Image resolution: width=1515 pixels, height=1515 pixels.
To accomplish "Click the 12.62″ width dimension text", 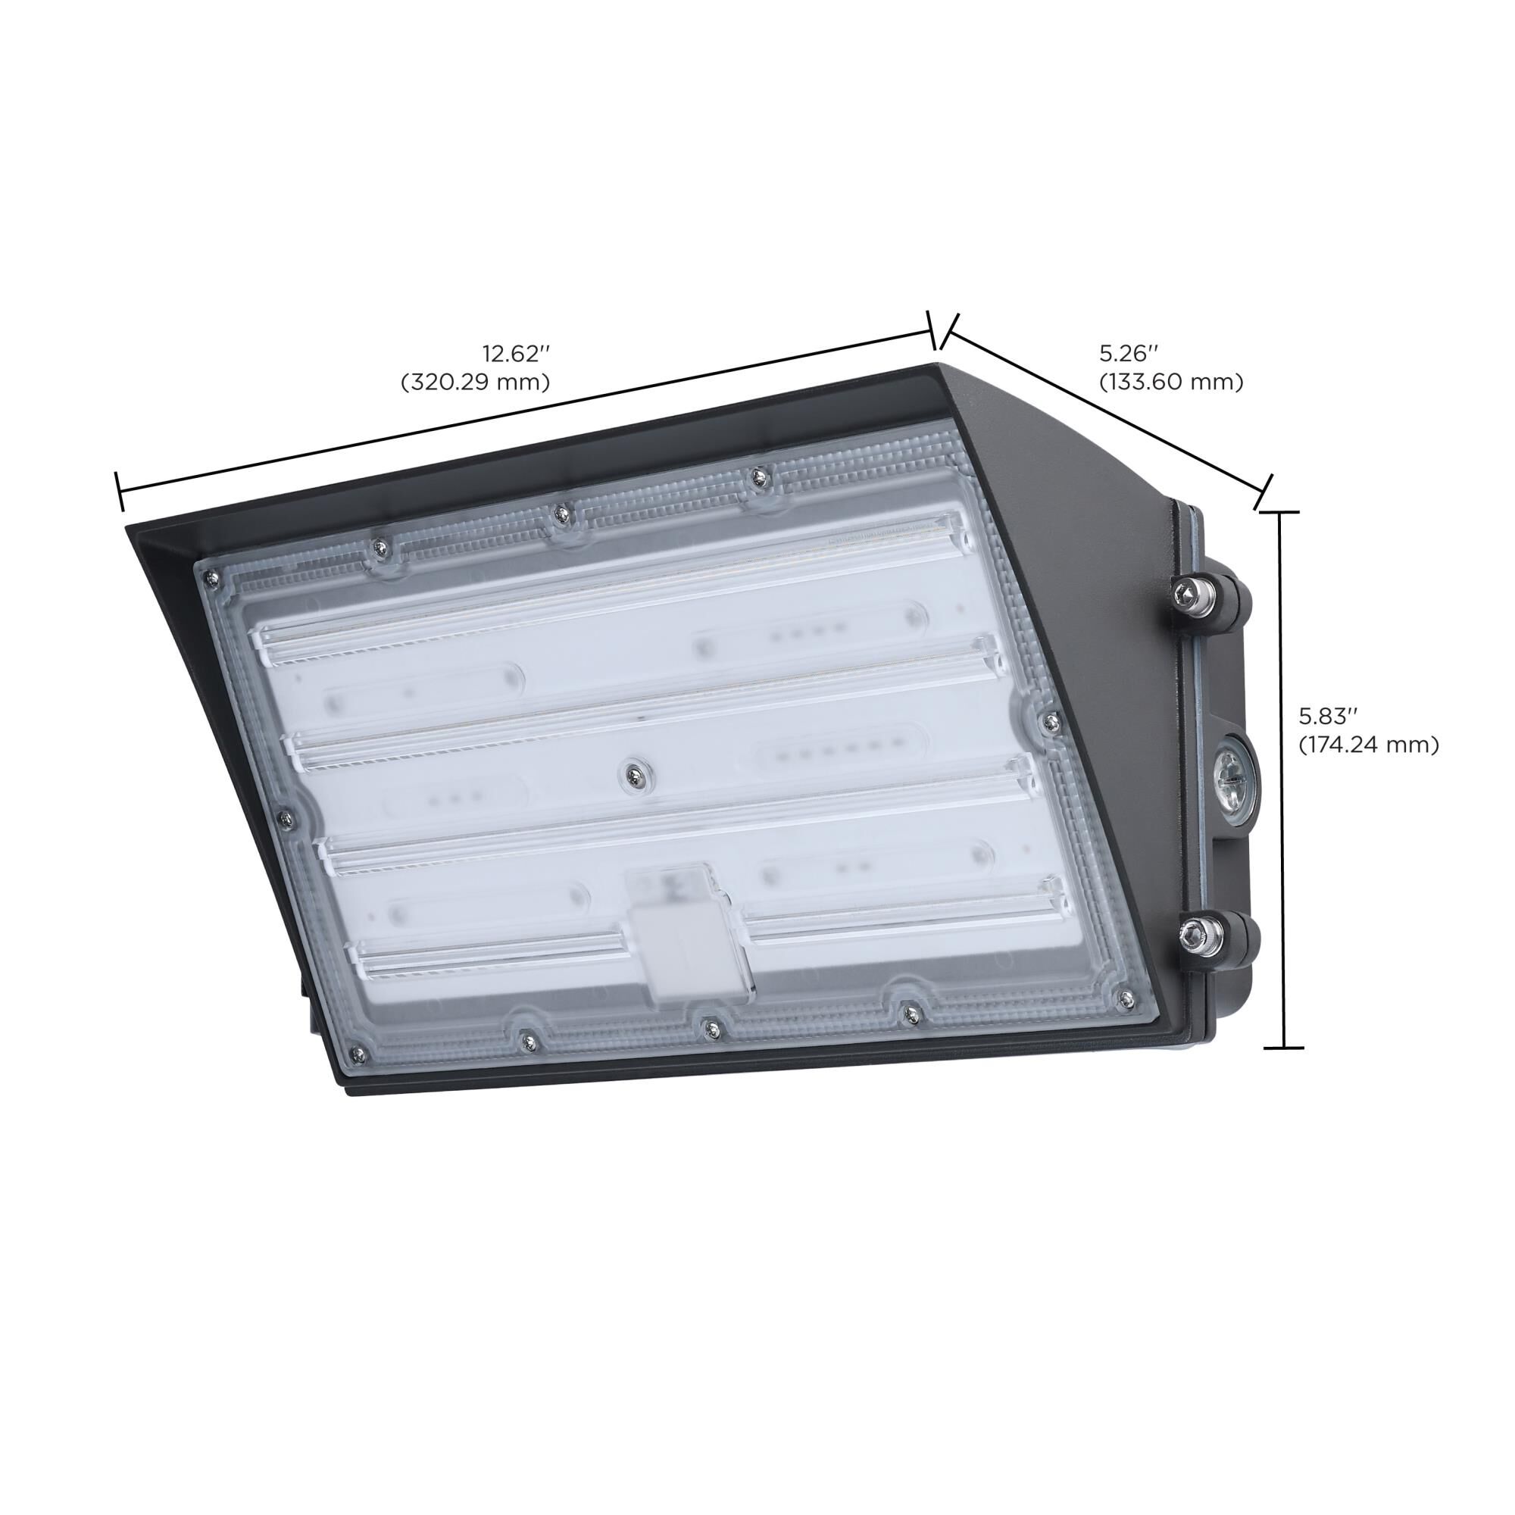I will point(514,354).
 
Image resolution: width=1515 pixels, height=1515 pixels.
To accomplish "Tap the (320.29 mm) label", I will point(475,382).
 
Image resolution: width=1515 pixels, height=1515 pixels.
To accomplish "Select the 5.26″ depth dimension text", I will point(1129,353).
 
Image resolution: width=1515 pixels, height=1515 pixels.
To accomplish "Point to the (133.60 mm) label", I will point(1171,382).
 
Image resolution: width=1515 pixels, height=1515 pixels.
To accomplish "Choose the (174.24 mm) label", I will point(1368,745).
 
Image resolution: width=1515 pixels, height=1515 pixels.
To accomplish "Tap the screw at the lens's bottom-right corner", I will point(1126,998).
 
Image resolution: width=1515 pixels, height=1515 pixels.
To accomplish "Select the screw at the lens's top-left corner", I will point(210,578).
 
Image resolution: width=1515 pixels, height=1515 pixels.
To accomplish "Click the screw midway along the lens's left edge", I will point(286,818).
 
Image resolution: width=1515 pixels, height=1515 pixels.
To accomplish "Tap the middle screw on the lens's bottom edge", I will point(710,1026).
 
